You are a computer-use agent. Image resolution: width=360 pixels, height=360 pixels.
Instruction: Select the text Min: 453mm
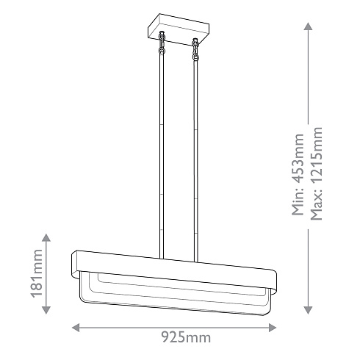[x=298, y=175]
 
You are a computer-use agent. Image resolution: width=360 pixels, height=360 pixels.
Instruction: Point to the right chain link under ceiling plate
[x=195, y=50]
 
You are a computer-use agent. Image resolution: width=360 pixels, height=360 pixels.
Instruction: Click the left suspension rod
[x=161, y=147]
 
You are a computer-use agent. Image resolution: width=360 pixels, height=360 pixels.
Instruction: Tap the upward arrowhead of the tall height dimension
[x=308, y=26]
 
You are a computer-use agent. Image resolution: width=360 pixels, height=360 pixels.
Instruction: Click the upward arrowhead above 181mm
[x=46, y=238]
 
